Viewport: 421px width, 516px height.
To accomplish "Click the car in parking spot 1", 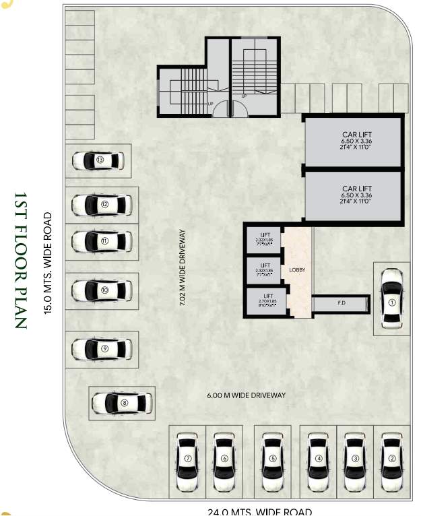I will [391, 298].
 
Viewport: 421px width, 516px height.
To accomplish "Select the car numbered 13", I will [99, 160].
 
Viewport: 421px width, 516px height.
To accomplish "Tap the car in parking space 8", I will [119, 403].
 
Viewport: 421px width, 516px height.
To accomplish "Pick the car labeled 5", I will [272, 459].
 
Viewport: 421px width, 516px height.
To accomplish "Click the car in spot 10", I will [102, 290].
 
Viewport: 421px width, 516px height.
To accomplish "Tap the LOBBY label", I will [297, 269].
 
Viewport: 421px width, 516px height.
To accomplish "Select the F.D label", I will [342, 303].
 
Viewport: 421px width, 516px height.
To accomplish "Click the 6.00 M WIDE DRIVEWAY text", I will [246, 395].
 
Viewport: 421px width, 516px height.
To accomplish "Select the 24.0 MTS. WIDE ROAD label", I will [251, 511].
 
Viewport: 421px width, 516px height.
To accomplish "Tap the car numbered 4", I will [318, 459].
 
